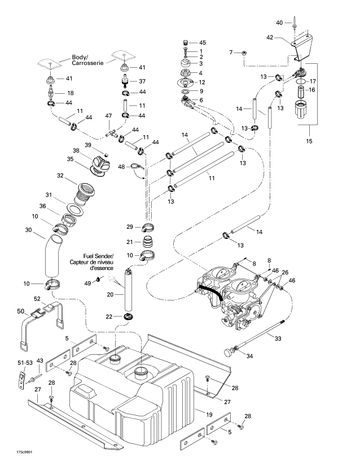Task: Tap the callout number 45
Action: coord(203,43)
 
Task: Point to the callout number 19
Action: coord(210,415)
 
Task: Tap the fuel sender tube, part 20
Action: coord(128,292)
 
